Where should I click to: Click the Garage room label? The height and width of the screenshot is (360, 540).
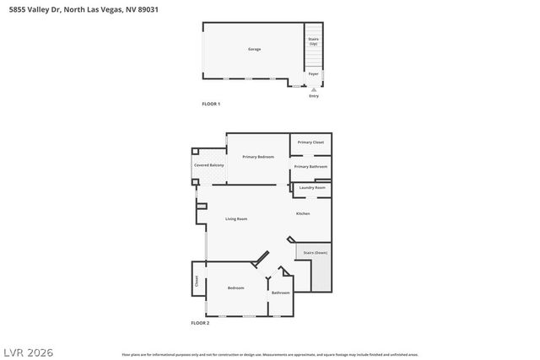(x=254, y=49)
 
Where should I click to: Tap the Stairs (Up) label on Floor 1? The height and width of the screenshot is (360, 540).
(x=314, y=41)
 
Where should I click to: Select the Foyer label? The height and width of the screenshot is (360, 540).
(x=314, y=74)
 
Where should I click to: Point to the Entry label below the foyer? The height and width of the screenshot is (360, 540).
(x=314, y=95)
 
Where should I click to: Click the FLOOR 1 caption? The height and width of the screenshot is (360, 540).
(x=211, y=104)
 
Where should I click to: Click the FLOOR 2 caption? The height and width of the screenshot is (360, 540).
(x=200, y=323)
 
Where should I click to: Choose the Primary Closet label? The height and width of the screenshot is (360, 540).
(x=310, y=142)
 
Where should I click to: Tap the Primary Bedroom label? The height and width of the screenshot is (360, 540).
(x=258, y=157)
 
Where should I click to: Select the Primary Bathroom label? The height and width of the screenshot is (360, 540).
(x=310, y=166)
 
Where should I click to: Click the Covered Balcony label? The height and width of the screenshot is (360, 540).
(x=209, y=165)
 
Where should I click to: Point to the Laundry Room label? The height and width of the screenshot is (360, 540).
(x=312, y=187)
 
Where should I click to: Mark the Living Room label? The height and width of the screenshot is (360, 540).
(x=236, y=219)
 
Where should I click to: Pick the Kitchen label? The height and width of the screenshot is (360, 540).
(x=303, y=213)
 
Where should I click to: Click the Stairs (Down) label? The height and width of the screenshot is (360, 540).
(x=316, y=252)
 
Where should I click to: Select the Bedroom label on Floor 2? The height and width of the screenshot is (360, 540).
(x=236, y=288)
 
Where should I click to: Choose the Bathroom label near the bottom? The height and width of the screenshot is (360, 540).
(x=280, y=293)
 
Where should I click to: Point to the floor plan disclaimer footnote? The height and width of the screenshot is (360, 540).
(x=270, y=354)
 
